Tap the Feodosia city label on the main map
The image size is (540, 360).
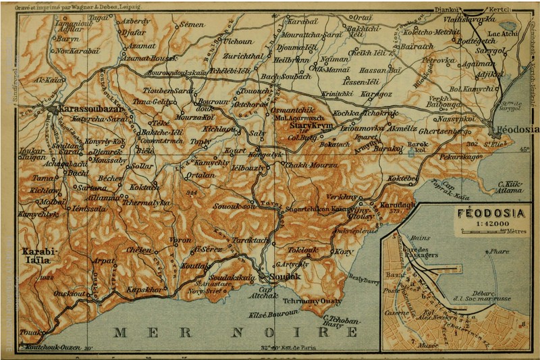(516, 128)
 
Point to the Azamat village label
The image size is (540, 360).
(142, 46)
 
